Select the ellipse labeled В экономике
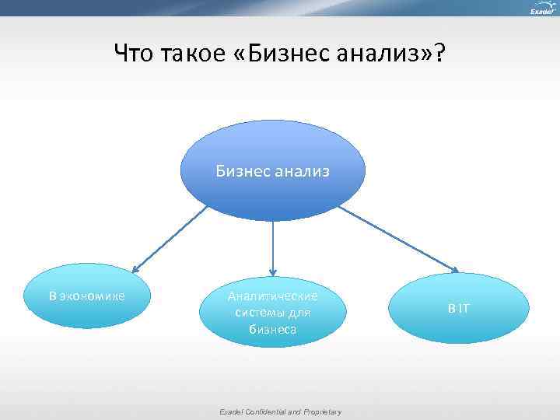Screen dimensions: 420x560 86,296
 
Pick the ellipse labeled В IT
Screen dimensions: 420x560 458,308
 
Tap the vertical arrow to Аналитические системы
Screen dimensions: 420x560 272,249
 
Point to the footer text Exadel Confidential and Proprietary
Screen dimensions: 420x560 279,411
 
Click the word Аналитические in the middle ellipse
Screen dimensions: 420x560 272,297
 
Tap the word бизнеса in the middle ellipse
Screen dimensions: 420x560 272,328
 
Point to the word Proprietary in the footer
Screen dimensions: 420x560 322,411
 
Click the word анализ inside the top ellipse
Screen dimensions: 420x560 303,170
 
